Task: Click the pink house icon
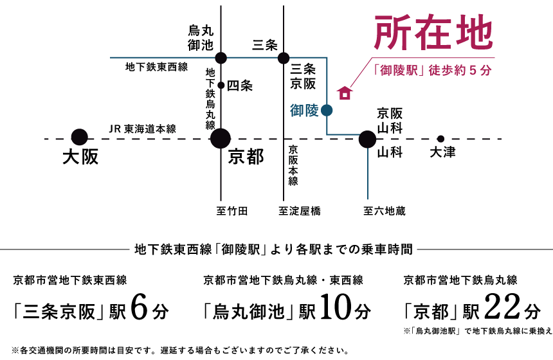tap(345, 93)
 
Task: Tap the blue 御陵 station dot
tap(327, 111)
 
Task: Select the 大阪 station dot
tap(79, 137)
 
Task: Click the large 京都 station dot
tap(221, 138)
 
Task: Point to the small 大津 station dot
tap(440, 139)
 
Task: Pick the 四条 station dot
tap(221, 85)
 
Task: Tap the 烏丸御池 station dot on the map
tap(221, 58)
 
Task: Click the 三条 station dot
tap(284, 58)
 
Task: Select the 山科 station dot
tap(368, 139)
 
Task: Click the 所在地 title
tap(433, 32)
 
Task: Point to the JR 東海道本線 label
tap(143, 129)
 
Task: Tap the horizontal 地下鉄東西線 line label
tap(157, 67)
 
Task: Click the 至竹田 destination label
tap(232, 211)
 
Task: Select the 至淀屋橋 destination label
tap(300, 211)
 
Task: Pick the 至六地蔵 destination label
tap(385, 211)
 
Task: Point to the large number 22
tap(503, 307)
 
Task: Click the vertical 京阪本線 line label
tap(293, 165)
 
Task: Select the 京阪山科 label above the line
tap(390, 121)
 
